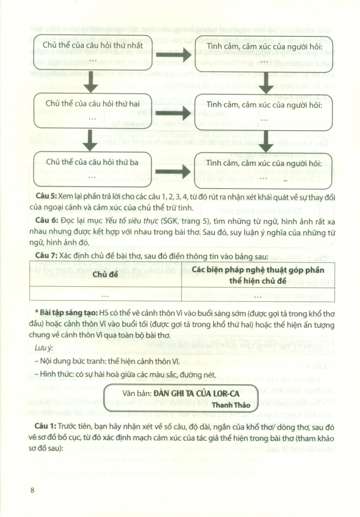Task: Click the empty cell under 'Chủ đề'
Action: pyautogui.click(x=106, y=294)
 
